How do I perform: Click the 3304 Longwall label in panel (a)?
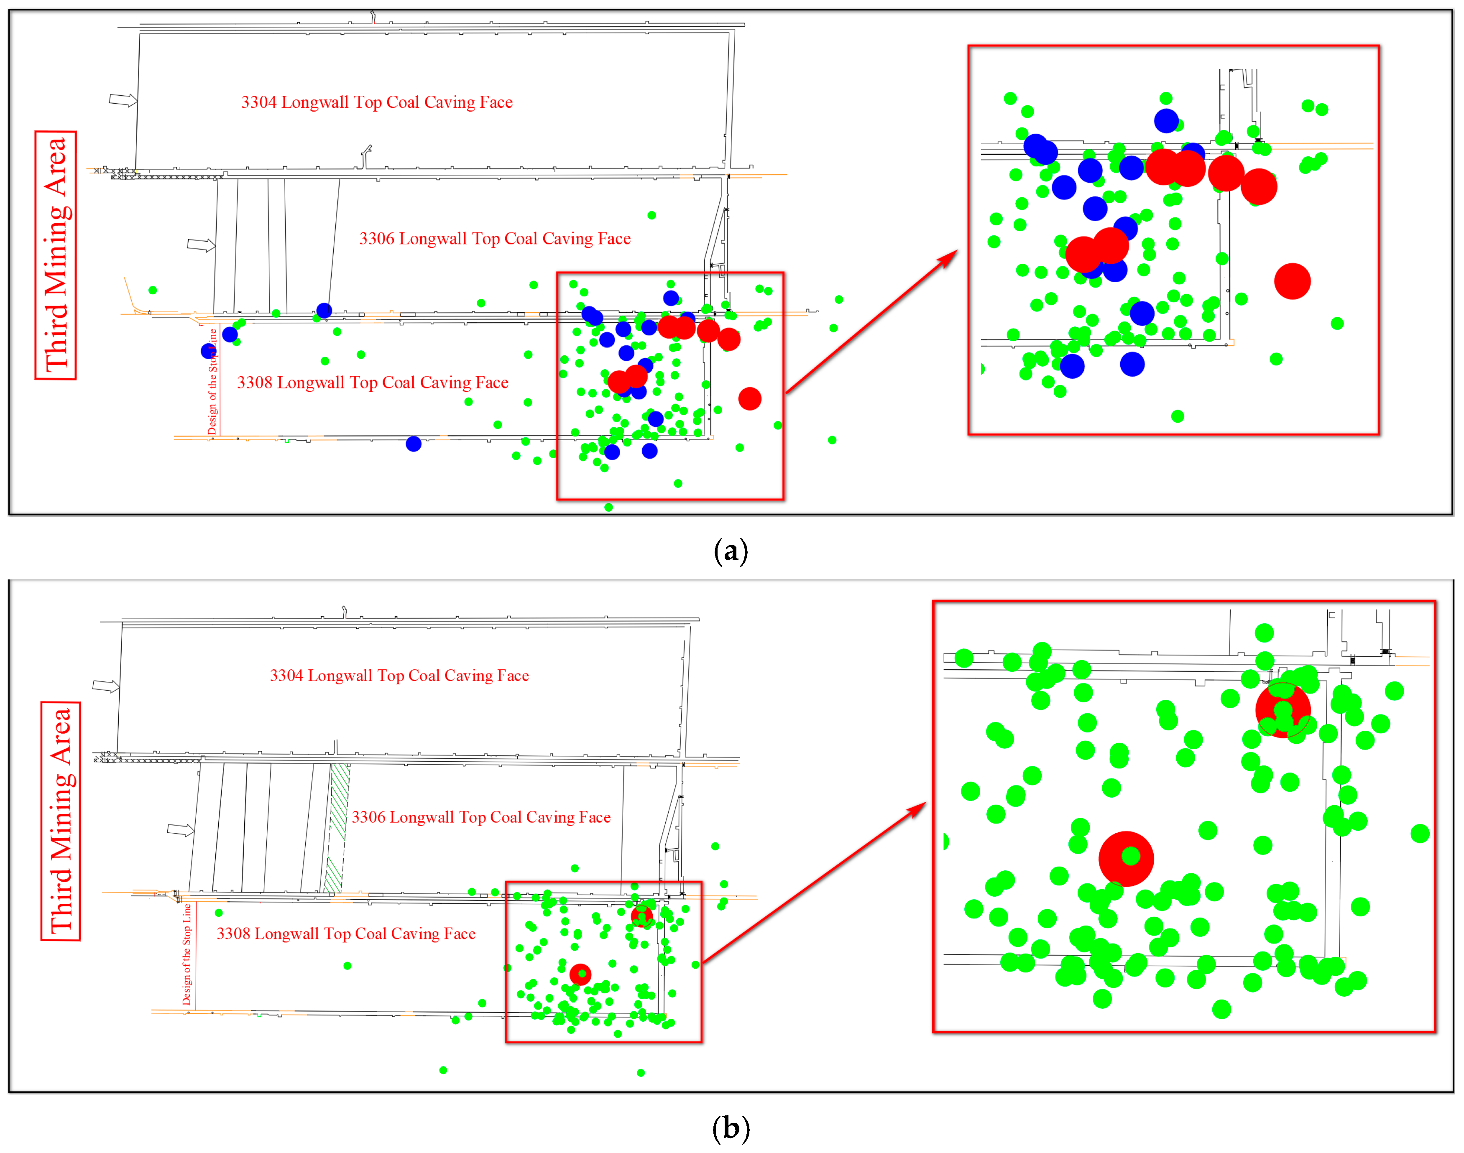tap(377, 102)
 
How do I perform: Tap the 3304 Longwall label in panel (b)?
tap(399, 675)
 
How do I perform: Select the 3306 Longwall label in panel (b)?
tap(481, 817)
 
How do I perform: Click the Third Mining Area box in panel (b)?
tap(60, 821)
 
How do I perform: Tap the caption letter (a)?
tap(731, 551)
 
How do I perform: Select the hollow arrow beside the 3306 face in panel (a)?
tap(201, 245)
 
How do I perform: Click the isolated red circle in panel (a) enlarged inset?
tap(1292, 281)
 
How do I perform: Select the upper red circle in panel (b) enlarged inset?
tap(1283, 710)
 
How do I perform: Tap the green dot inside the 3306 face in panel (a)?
tap(651, 215)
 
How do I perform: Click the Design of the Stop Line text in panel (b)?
tap(187, 954)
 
